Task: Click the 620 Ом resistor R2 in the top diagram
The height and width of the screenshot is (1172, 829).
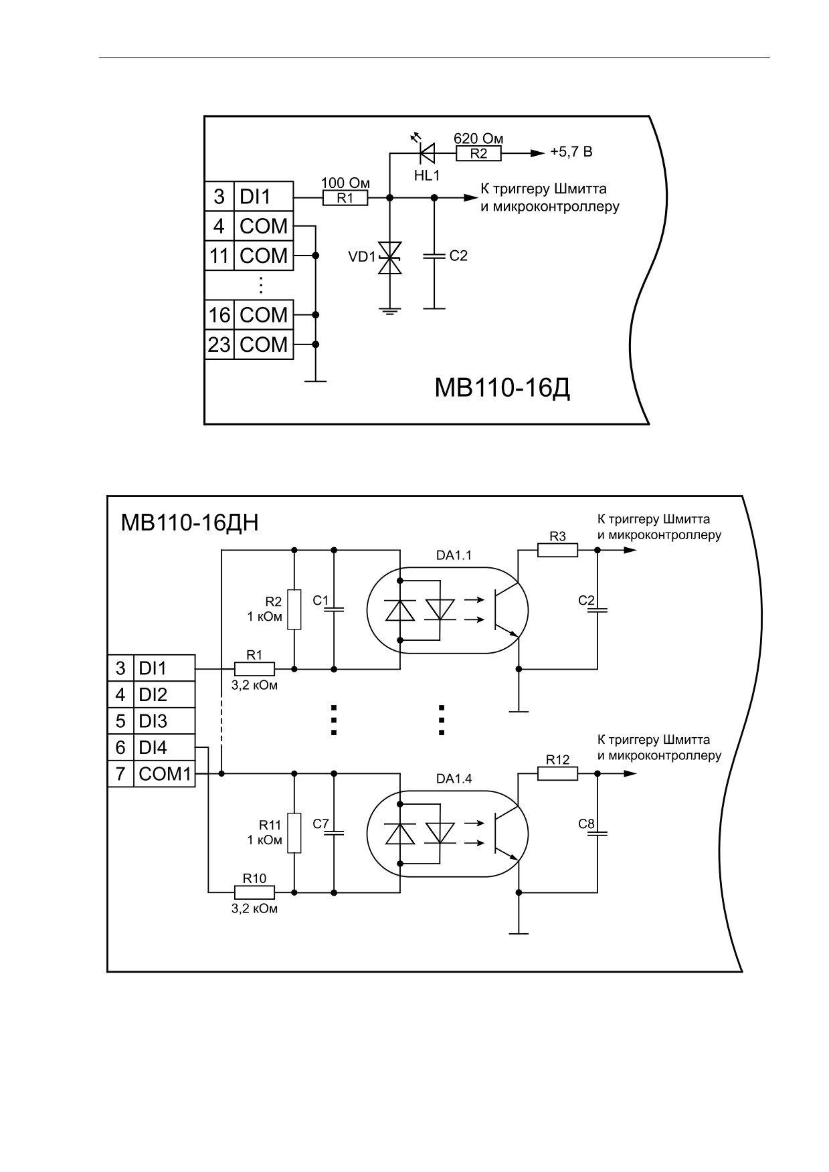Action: (x=478, y=153)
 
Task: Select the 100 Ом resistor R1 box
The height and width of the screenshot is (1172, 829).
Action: (x=345, y=198)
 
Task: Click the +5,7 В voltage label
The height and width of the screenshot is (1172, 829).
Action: (x=571, y=152)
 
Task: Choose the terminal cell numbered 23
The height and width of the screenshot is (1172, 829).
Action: (x=219, y=345)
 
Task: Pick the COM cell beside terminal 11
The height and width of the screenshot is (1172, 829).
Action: (x=264, y=256)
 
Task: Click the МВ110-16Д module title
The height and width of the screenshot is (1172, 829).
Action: (x=502, y=387)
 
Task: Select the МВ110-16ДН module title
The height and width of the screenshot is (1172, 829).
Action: (x=189, y=522)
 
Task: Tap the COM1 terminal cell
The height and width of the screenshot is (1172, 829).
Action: (x=165, y=774)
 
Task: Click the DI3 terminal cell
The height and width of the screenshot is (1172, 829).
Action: (x=165, y=721)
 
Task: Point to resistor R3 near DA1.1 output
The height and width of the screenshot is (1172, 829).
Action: (x=557, y=550)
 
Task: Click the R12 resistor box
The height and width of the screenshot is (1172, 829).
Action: (x=557, y=773)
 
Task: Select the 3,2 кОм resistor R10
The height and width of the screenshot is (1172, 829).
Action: (x=254, y=892)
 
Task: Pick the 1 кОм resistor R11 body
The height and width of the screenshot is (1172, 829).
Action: (x=294, y=833)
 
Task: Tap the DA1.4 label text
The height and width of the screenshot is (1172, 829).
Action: (x=454, y=779)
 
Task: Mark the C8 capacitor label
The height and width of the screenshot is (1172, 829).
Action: (x=586, y=824)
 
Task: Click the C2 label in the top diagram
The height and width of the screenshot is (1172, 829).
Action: (x=458, y=256)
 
